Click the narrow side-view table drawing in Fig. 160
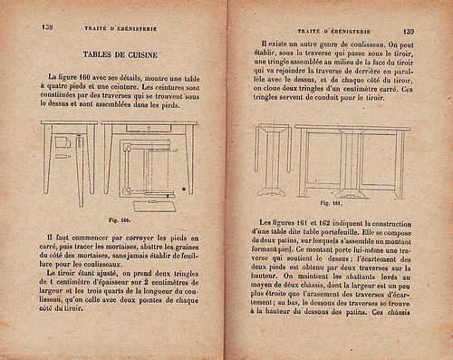point(69,159)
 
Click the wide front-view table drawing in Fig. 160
point(147,163)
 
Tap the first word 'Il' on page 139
point(264,44)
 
